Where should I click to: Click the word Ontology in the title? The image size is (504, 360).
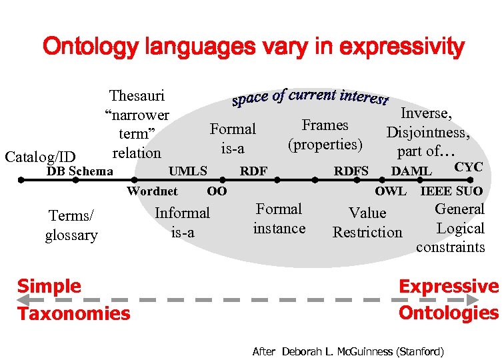pos(85,47)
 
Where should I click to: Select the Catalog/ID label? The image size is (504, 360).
pos(40,157)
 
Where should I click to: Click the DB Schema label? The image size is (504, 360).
pos(79,171)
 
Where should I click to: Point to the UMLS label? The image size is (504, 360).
pos(187,171)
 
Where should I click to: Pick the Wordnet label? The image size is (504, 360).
pos(152,191)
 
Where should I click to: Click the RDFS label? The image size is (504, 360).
pos(351,171)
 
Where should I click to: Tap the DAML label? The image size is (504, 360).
pos(411,171)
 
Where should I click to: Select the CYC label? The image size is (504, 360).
pos(468,167)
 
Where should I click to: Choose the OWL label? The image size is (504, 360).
pos(391,191)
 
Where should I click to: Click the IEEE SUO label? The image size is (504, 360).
pos(451,191)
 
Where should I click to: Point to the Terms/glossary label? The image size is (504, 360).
pos(71,225)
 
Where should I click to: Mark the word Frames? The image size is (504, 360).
pos(325,125)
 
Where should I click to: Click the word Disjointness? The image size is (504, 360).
pos(428,132)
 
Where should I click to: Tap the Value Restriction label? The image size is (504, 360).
pos(367,223)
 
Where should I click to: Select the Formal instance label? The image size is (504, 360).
pos(279,219)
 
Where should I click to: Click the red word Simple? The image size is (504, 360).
pos(49,286)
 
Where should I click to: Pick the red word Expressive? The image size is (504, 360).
pos(448,286)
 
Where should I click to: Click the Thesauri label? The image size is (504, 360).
pos(137,97)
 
